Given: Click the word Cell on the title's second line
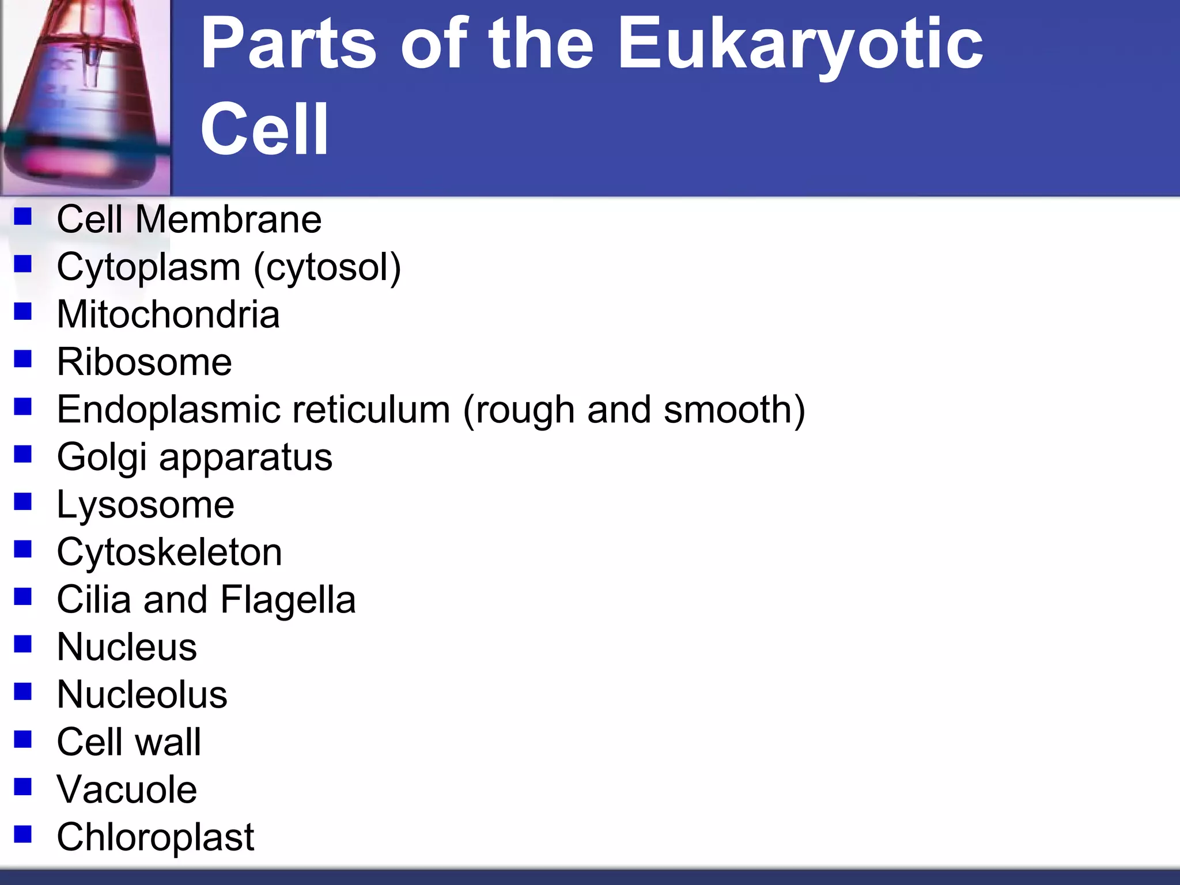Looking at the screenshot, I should coord(264,129).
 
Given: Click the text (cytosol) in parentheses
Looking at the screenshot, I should coord(327,268).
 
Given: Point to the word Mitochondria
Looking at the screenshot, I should coord(168,315).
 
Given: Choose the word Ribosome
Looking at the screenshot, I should coord(145,362).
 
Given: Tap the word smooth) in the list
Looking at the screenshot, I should coord(734,410).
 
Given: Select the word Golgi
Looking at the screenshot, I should coord(101,458).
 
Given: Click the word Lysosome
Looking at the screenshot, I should coord(146,505).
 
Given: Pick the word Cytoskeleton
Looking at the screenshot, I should coord(169,552).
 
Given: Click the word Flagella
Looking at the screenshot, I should coord(288,600).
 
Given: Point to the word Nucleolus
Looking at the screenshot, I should coord(142,694).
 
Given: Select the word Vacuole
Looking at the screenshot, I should coord(127,789).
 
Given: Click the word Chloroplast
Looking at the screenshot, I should coord(156,837).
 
